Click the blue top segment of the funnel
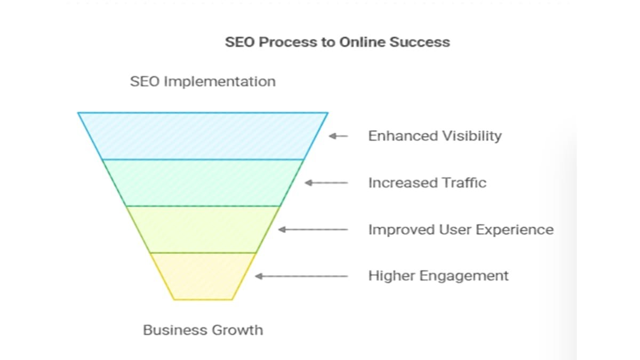[x=203, y=136]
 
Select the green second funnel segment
[x=203, y=183]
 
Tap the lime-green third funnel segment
[x=203, y=229]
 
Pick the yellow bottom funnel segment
[x=203, y=276]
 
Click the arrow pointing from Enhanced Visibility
[x=338, y=136]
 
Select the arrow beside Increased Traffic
[x=326, y=183]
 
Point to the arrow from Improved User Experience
[x=313, y=229]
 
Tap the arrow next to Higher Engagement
[x=301, y=276]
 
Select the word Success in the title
[x=420, y=42]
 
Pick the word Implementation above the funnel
[x=220, y=82]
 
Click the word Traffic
[x=463, y=183]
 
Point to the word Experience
[x=515, y=230]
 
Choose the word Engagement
[x=464, y=276]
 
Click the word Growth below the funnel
[x=237, y=330]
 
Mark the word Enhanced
[x=403, y=136]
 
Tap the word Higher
[x=391, y=276]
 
